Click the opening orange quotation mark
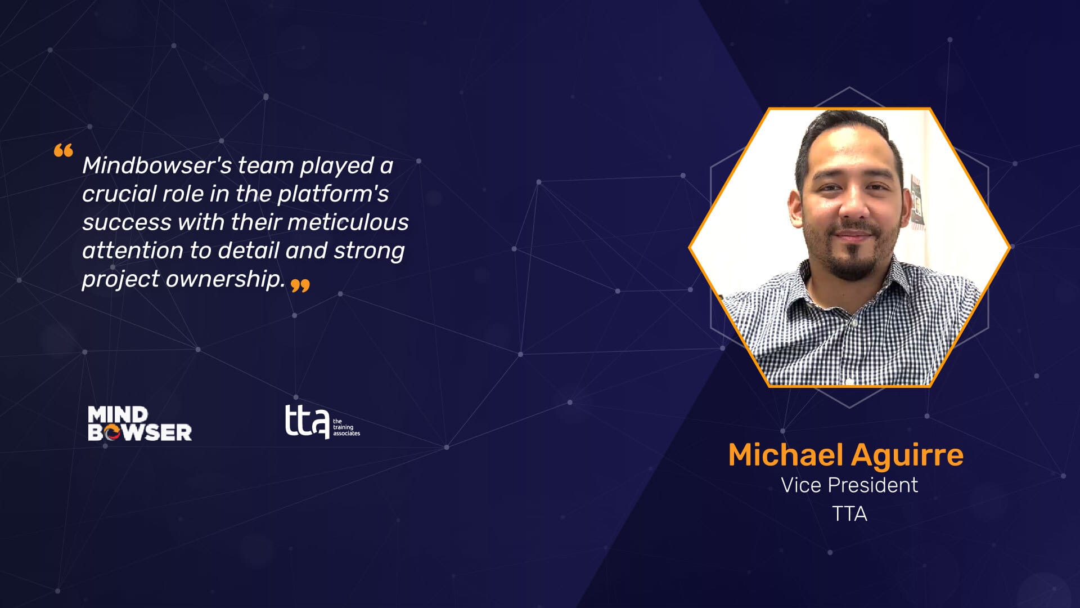coord(64,150)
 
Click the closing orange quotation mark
coord(300,286)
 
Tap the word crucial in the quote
coord(119,194)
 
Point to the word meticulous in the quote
coord(348,222)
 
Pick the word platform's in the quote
coord(333,194)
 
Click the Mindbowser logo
coord(139,424)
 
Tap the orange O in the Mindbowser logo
coord(112,432)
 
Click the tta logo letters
coord(307,421)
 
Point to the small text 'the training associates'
coord(346,427)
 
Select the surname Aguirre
coord(907,455)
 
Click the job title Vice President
coord(849,485)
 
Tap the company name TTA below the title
coord(849,514)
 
